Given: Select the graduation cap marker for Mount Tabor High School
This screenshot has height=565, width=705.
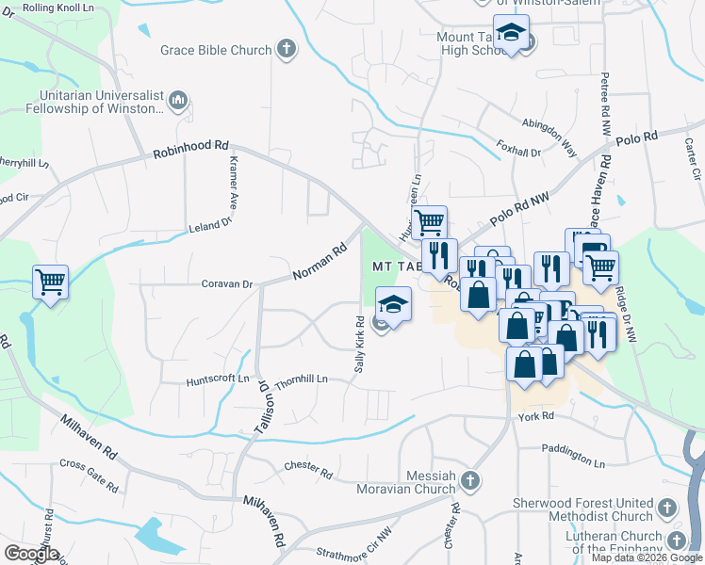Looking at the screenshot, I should tap(511, 35).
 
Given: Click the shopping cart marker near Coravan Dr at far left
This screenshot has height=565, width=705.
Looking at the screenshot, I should tap(50, 281).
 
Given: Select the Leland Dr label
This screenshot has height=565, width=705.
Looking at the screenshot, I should tap(209, 225).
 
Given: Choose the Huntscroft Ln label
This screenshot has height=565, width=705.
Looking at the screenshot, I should tap(218, 379).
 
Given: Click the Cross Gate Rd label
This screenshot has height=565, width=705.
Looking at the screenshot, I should tap(89, 476).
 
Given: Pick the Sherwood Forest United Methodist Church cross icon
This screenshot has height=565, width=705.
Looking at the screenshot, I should tap(666, 508).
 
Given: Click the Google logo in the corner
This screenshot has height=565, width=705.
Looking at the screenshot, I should tap(31, 554).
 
